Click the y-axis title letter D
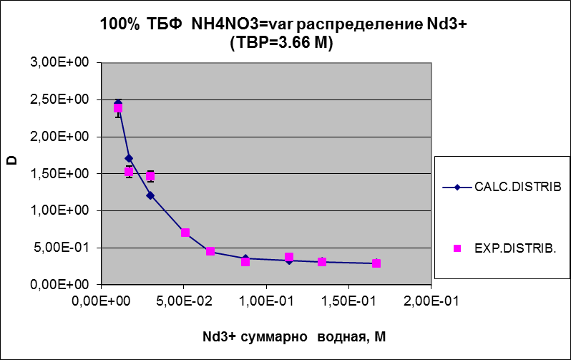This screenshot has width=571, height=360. coord(12,160)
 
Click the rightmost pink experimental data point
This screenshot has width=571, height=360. coord(376,263)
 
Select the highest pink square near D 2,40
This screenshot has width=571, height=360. coord(118,108)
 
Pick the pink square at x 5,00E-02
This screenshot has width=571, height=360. coord(185,233)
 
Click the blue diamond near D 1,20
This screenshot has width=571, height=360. coord(150,195)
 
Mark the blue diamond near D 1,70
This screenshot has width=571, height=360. coord(129,158)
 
